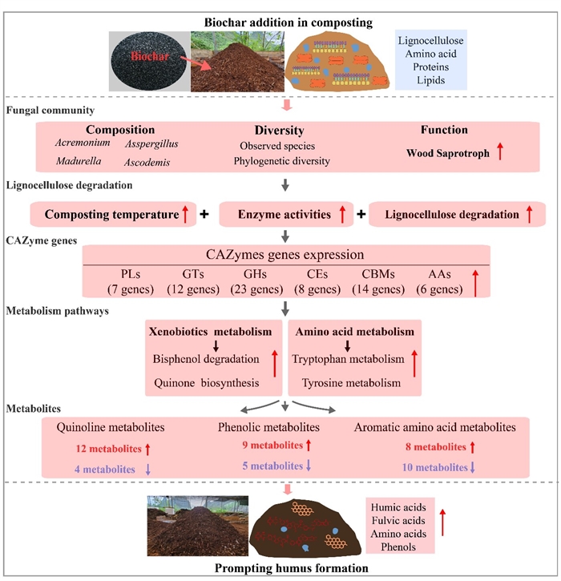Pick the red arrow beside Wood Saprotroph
499,150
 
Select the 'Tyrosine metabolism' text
345,383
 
